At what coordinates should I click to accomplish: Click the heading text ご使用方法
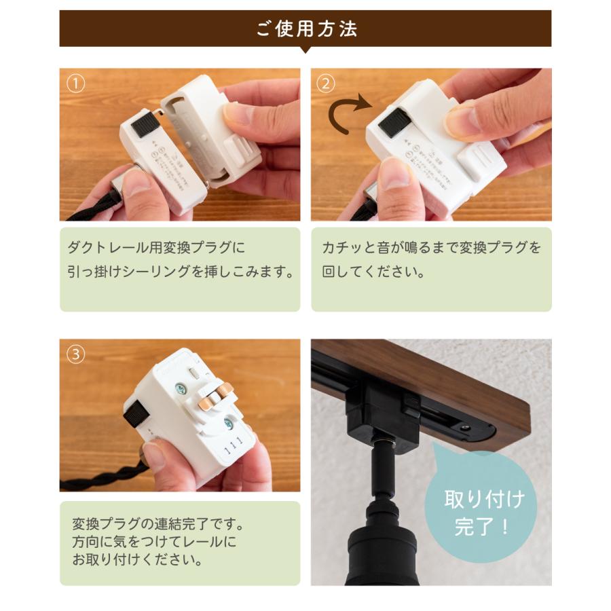(305, 29)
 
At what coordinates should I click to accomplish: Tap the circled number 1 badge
(76, 84)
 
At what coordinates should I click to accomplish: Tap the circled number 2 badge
(327, 84)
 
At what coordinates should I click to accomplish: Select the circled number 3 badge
(76, 354)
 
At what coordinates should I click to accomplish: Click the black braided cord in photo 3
(102, 475)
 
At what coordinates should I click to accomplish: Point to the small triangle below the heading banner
(305, 50)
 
